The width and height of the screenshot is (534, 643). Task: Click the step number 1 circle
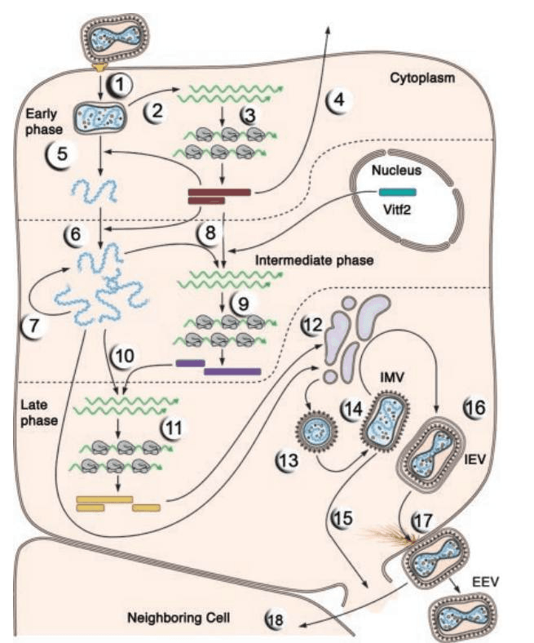119,85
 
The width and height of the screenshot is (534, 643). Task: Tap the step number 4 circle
339,100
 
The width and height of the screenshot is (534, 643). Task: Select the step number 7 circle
33,326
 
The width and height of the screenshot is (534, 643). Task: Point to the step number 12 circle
314,326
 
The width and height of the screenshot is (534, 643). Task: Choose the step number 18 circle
276,619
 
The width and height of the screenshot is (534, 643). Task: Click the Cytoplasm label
422,78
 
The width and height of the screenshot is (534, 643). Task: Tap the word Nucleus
396,171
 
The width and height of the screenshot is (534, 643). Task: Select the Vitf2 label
397,211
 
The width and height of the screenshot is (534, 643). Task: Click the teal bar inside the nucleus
397,193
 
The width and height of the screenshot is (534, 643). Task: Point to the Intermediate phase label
315,260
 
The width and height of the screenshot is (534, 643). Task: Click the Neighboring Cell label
179,618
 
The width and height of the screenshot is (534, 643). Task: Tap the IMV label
392,377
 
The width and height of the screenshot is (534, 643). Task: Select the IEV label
474,459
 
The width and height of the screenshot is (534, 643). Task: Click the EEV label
485,582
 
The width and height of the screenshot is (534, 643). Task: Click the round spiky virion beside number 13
316,431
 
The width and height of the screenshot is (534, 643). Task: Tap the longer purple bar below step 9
232,371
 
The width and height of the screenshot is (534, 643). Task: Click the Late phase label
39,413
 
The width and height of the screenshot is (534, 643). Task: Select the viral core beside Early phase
100,118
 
